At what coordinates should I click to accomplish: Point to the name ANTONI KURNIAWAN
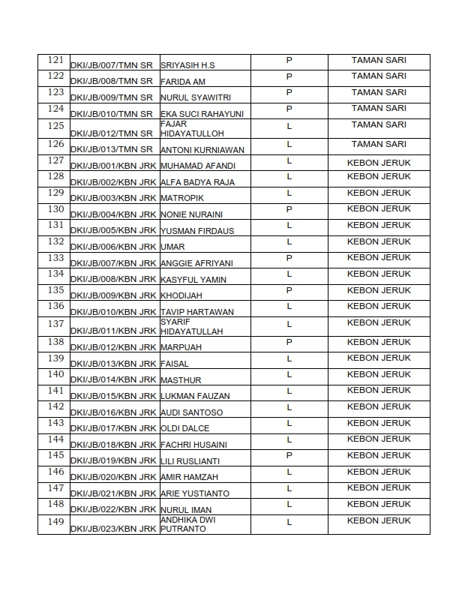(x=202, y=149)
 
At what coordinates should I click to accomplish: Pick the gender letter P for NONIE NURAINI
(x=289, y=209)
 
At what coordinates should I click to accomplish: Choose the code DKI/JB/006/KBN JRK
(x=112, y=247)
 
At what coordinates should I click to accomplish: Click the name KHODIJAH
(x=181, y=295)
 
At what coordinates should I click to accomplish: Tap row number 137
(x=55, y=323)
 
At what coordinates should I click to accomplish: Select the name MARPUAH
(x=181, y=347)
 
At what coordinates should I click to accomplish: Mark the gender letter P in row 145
(x=289, y=456)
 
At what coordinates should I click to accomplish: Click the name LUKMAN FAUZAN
(x=195, y=396)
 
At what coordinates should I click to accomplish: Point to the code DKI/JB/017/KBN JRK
(x=112, y=428)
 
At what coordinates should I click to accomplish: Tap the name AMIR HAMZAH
(x=189, y=477)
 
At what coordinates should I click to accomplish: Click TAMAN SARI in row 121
(x=379, y=59)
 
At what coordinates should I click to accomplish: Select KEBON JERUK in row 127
(x=379, y=160)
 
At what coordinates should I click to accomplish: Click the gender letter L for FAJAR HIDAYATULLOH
(x=289, y=125)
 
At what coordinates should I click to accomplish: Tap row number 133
(x=55, y=257)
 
